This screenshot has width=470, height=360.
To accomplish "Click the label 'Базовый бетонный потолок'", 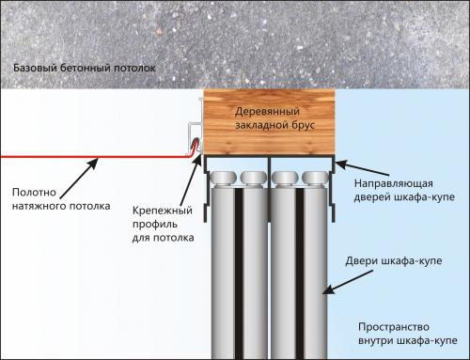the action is tap(85, 68).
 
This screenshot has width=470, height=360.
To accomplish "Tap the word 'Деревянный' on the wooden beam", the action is tap(268, 111).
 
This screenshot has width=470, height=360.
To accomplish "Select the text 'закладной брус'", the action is tap(274, 125).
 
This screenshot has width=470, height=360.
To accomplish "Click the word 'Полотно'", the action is tap(34, 192).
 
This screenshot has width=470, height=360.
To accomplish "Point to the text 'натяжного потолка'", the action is tap(61, 206).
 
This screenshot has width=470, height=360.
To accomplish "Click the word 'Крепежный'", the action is tap(163, 211).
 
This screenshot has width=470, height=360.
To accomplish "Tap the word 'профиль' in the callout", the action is tap(155, 225).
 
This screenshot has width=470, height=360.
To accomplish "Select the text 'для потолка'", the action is tap(163, 238).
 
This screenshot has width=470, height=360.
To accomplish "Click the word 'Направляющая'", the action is tap(394, 183).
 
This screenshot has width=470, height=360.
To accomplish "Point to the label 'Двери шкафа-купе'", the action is tap(394, 260).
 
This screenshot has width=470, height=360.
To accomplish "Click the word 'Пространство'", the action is tap(394, 327).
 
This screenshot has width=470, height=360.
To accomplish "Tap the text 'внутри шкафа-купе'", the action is tap(408, 340).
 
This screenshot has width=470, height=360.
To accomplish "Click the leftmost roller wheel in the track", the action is tap(222, 178).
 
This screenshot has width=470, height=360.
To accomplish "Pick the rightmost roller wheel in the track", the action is tap(315, 178).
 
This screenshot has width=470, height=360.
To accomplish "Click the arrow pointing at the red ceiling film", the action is tap(79, 179).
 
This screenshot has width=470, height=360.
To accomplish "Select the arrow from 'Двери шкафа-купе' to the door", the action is tap(348, 283).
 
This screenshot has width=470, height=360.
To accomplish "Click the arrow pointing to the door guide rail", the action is tap(363, 168).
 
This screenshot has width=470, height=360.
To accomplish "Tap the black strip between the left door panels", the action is tap(239, 274).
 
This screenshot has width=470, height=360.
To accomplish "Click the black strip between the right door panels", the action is tap(300, 274).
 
